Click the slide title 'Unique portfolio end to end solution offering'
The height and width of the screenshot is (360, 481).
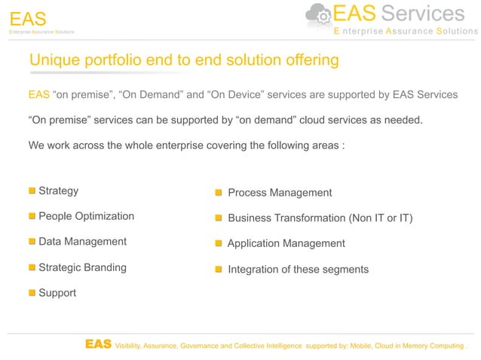[x=183, y=59]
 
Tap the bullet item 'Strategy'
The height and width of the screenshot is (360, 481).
[x=58, y=191]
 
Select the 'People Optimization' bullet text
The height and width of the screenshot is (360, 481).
[x=86, y=216]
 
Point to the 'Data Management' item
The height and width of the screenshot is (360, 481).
[x=82, y=242]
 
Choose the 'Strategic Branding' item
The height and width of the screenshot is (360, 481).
[x=82, y=267]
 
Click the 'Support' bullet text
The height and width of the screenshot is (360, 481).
[x=57, y=292]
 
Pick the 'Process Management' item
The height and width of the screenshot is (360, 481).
[x=279, y=193]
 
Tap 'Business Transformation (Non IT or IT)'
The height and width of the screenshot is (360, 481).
[x=320, y=218]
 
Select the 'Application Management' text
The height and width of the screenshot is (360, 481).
[x=286, y=243]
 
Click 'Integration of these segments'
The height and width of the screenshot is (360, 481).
[x=298, y=269]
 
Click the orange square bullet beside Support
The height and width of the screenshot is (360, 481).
[x=32, y=292]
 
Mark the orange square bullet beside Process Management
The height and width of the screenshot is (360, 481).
[x=218, y=193]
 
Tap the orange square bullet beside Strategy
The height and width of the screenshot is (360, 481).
[x=32, y=191]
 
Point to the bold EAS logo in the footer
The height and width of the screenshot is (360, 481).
[x=98, y=344]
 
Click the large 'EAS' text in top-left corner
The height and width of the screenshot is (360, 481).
[x=28, y=17]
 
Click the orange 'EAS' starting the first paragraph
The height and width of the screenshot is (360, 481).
[x=38, y=94]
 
